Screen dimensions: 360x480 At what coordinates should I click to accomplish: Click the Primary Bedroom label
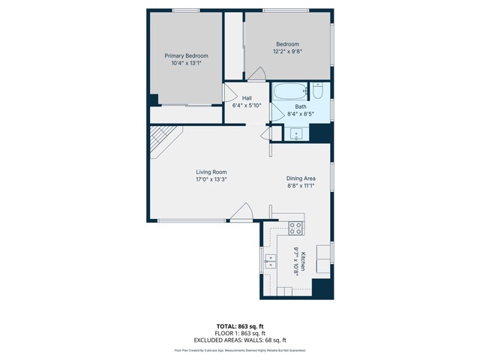click(x=186, y=55)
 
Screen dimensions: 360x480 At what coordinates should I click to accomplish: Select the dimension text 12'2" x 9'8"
click(x=287, y=52)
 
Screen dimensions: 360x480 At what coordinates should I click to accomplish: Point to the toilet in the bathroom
click(x=317, y=91)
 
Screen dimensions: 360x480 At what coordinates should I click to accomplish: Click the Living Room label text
click(x=211, y=172)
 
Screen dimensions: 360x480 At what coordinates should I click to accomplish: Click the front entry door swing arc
click(x=241, y=212)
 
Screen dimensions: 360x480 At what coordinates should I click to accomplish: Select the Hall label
click(x=247, y=98)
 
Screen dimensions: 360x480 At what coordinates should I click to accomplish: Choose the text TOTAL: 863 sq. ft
click(x=240, y=326)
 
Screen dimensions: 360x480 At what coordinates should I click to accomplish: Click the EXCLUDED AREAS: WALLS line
click(x=240, y=339)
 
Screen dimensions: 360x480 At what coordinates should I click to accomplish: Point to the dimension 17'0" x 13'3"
click(x=211, y=179)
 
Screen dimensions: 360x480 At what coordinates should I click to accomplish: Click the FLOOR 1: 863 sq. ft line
click(x=240, y=333)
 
